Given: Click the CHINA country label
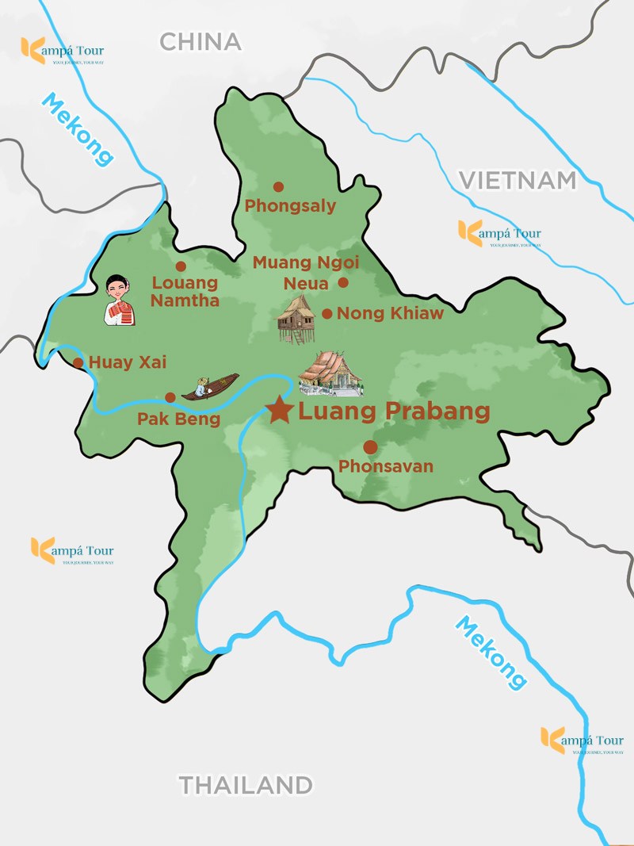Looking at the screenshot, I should [x=201, y=41].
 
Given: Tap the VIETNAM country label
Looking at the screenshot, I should [x=518, y=180].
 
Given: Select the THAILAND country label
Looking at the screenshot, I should [x=245, y=785].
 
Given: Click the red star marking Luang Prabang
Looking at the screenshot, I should [x=279, y=411].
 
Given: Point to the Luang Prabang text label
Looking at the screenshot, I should [x=394, y=412].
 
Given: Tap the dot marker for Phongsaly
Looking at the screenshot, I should [x=278, y=187].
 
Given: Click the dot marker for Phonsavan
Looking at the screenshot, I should [x=370, y=447].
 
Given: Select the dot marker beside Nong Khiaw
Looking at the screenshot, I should [x=327, y=314].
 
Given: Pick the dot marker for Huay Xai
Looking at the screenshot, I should [x=78, y=363].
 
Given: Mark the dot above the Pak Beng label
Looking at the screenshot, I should [x=170, y=397].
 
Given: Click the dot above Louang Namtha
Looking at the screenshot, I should [x=181, y=266].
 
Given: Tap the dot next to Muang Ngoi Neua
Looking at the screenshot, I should [x=343, y=282].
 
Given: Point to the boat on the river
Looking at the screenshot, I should [x=210, y=386].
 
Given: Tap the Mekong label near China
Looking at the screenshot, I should [x=77, y=129].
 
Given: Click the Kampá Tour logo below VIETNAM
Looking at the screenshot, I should [x=499, y=234].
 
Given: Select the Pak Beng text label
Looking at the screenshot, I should [x=179, y=419].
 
